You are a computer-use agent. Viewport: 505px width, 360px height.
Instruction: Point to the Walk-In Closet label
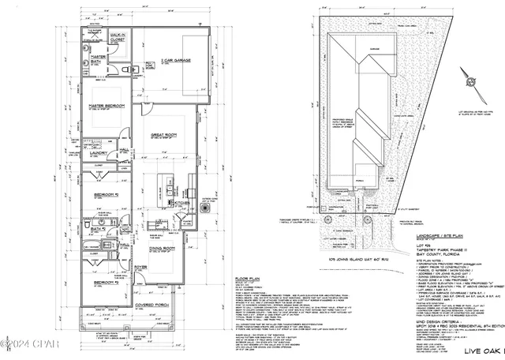118,36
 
